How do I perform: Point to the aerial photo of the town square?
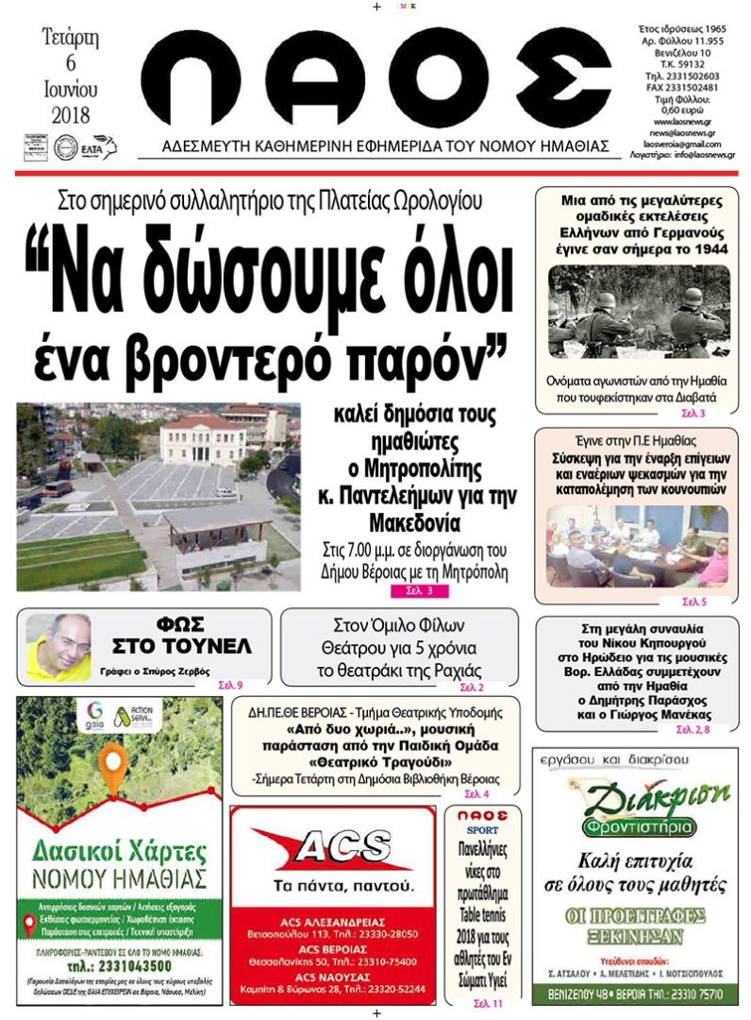coord(159,497)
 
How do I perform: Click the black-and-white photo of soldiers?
coord(639,311)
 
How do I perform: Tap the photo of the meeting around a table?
coord(638,546)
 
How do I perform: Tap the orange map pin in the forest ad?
coord(115,771)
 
